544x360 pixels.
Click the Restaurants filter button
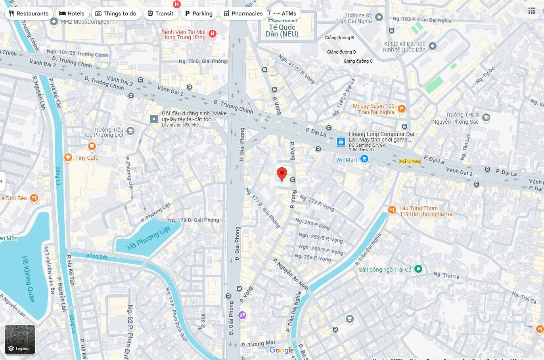coord(29,13)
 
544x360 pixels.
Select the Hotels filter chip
coord(72,13)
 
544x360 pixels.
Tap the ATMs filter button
coord(285,13)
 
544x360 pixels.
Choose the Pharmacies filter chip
coord(243,13)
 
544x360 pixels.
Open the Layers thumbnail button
coord(20,339)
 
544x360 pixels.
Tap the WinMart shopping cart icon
coord(364,159)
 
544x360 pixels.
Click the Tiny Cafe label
coord(87,158)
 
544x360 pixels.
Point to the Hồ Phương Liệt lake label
coord(148,238)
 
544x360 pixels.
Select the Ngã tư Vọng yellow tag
coord(410,161)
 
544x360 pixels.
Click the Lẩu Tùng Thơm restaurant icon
coord(392,210)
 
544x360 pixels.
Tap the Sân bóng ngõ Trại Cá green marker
coord(418,269)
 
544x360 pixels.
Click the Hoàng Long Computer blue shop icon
coord(341,142)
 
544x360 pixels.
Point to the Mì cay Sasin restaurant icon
coord(401,109)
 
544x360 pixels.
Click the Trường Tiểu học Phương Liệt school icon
coord(130,131)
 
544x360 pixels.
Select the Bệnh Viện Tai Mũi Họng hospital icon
coord(213,34)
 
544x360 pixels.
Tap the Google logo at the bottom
coord(282,350)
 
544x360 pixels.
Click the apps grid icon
coord(532,11)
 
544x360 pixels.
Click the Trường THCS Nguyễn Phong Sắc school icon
coord(486,118)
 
